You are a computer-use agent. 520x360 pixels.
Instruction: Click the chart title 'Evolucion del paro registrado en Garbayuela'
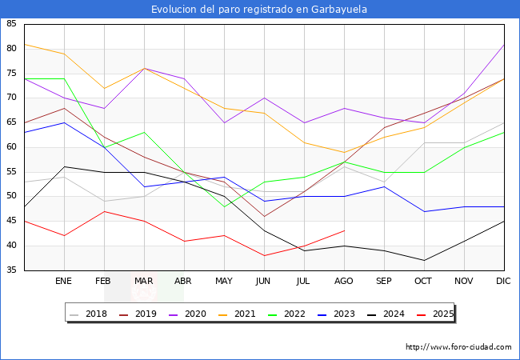[260, 10]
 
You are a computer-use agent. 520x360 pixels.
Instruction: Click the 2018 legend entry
[91, 314]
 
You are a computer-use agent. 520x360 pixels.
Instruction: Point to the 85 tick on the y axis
[11, 24]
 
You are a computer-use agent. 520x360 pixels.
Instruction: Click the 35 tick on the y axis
[11, 270]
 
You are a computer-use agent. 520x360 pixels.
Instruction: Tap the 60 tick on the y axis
[11, 147]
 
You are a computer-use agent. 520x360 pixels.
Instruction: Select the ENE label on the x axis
[64, 282]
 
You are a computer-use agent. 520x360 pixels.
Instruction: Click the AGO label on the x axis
[344, 282]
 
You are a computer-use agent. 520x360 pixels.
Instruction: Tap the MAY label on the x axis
[224, 282]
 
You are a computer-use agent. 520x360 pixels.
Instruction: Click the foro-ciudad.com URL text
[458, 347]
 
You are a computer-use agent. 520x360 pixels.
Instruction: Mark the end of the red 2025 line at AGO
[344, 230]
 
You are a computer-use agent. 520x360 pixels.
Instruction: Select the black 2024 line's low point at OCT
[424, 260]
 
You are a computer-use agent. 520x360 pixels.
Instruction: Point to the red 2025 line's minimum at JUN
[264, 255]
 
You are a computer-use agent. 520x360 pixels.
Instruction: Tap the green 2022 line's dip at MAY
[224, 206]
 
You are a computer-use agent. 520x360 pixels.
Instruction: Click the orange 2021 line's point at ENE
[64, 54]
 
